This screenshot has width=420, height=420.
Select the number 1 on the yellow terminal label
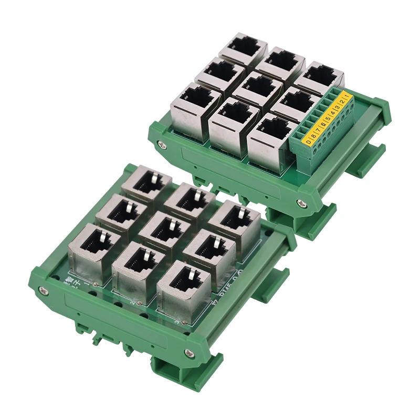(x=346, y=96)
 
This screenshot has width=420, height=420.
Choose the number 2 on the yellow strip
(x=342, y=101)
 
